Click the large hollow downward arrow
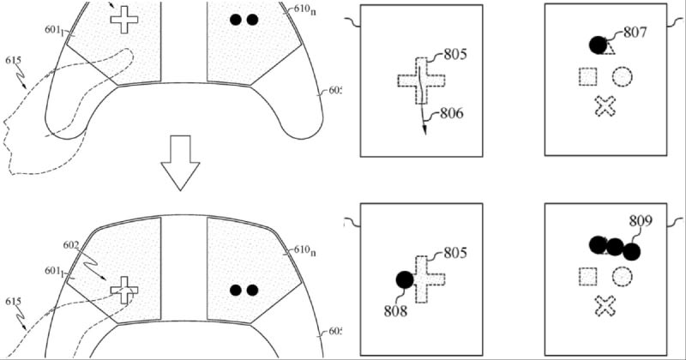click(180, 163)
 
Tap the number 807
click(635, 33)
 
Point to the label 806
click(452, 114)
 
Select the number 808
click(395, 311)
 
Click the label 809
click(641, 221)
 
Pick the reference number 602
click(71, 245)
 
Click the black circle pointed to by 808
click(405, 280)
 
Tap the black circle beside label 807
click(598, 45)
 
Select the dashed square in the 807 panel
click(588, 77)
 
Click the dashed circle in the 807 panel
click(623, 77)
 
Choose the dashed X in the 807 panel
click(605, 106)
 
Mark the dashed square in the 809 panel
click(588, 277)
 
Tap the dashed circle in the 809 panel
click(623, 277)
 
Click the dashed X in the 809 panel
click(605, 306)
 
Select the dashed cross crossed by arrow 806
click(421, 81)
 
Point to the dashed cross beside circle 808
click(425, 279)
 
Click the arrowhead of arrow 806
click(424, 130)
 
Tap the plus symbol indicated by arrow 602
click(124, 290)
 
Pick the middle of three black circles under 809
click(615, 248)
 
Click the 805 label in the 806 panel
click(455, 54)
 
